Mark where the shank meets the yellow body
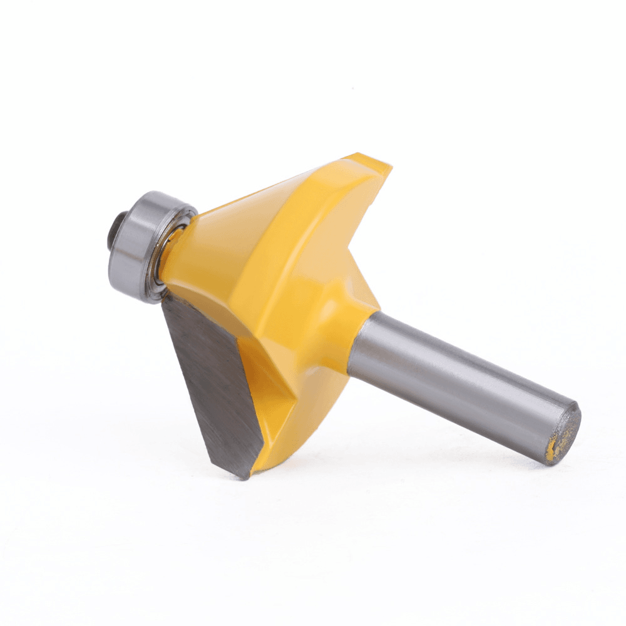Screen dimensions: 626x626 point(354,341)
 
